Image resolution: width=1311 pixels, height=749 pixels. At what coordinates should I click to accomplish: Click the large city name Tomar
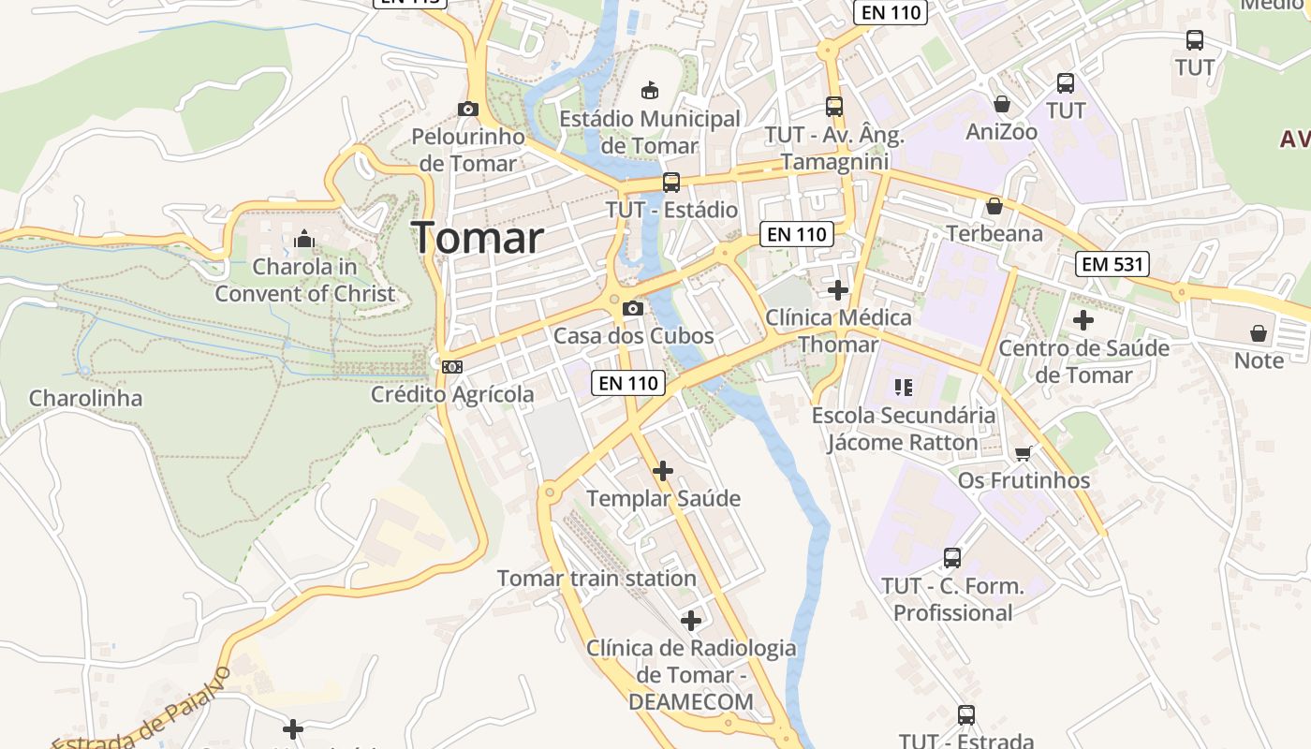coord(478,238)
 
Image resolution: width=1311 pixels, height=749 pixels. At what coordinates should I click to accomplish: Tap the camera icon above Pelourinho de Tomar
coord(468,109)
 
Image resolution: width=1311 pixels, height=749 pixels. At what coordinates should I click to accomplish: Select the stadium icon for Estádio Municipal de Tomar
coord(649,90)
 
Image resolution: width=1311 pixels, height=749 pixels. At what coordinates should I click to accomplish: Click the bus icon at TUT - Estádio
coord(671,183)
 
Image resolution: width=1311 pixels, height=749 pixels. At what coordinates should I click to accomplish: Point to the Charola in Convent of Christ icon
coord(303,240)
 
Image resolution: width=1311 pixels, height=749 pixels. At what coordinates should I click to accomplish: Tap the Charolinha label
coord(86,399)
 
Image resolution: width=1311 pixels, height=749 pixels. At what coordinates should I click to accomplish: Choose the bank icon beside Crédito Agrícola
coord(452,367)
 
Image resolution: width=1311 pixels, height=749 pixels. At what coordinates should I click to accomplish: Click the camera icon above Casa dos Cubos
coord(633,308)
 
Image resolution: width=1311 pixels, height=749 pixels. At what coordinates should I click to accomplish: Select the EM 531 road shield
coord(1112,264)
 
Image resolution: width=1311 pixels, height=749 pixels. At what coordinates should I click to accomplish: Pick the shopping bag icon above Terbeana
coord(994,206)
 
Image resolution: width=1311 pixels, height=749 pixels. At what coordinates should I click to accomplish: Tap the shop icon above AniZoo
coord(1002,104)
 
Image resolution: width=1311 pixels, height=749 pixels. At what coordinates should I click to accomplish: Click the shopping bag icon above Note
coord(1259,333)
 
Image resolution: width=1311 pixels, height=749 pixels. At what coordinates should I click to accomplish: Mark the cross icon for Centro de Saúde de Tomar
coord(1083,320)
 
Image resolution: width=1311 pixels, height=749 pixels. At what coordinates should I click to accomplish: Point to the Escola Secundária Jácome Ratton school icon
coord(904,387)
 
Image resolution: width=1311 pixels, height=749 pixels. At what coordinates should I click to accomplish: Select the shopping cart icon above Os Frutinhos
coord(1024,453)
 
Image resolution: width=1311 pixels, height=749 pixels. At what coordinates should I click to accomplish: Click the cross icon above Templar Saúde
coord(663,470)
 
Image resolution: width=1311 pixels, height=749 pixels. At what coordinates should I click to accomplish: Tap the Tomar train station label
coord(597,579)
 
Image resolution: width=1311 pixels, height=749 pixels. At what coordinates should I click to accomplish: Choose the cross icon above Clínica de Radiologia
coord(691,620)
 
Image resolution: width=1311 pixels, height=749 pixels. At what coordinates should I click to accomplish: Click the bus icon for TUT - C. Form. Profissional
coord(952,558)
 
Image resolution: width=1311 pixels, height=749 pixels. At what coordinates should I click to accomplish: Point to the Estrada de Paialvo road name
coord(140,712)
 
